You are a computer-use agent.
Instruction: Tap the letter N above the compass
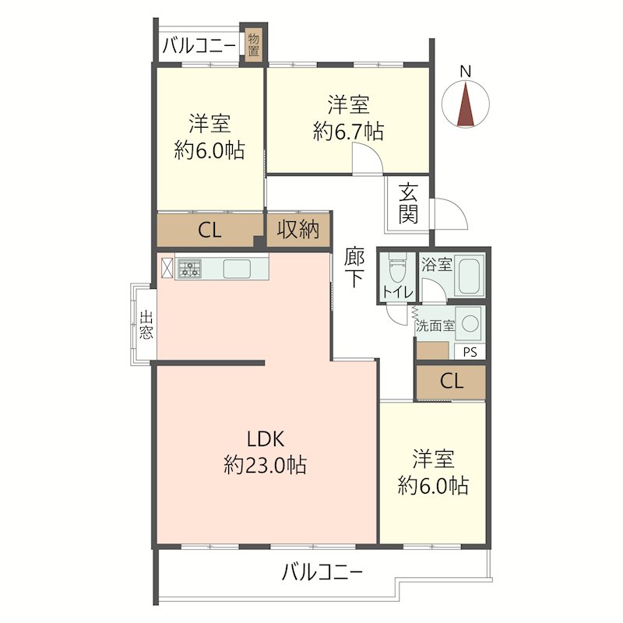point(465,72)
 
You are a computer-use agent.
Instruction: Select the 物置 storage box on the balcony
point(253,45)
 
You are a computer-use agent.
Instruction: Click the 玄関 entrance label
point(408,203)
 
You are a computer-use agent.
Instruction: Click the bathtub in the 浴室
point(470,275)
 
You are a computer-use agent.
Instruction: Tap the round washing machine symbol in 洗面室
point(470,323)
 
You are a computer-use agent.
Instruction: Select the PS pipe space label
point(470,352)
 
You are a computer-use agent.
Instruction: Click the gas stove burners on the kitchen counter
point(189,267)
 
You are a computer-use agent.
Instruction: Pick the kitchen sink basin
point(237,268)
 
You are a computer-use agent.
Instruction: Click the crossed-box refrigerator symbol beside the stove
point(167,267)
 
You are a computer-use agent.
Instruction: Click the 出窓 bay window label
point(146,325)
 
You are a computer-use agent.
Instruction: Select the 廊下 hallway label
point(354,266)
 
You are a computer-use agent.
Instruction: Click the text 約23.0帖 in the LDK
point(265,464)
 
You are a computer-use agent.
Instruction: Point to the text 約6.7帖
point(348,131)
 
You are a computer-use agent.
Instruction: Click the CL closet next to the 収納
point(209,230)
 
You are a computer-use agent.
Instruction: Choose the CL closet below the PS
point(452,382)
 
